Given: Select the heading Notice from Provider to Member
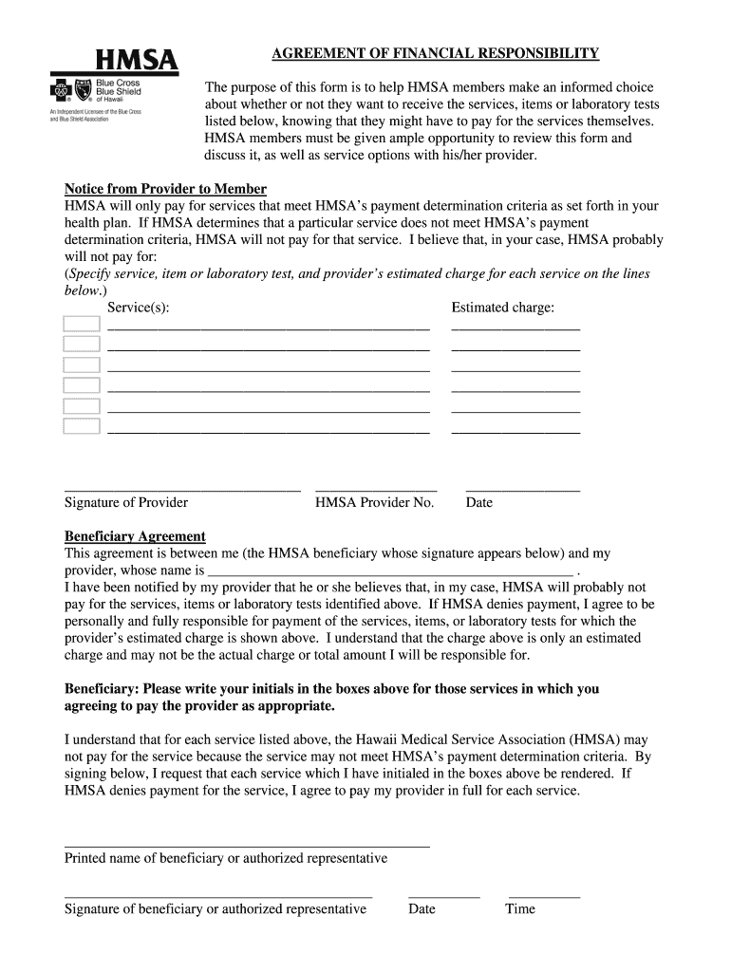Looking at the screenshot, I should (x=165, y=189).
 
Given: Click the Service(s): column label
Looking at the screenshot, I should (x=139, y=308).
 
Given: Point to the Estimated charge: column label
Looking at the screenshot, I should (x=503, y=308).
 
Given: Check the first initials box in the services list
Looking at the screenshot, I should (x=82, y=324).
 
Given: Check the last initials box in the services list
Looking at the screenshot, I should (x=82, y=426).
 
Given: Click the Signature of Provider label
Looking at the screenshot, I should (x=126, y=502).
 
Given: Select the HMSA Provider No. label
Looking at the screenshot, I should (x=375, y=502).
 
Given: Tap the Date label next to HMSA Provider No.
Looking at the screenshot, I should (x=479, y=502).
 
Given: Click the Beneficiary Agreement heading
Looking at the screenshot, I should (x=135, y=536).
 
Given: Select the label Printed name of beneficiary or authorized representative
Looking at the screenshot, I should (x=226, y=858).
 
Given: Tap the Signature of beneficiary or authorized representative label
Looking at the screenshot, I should (x=216, y=909).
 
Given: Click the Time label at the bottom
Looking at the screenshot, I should (x=520, y=909).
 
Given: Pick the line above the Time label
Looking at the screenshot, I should (x=544, y=897).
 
